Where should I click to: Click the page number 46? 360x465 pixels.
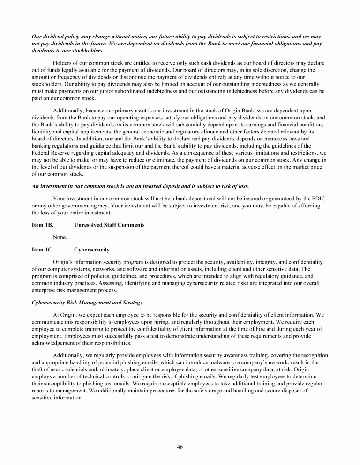point(180,447)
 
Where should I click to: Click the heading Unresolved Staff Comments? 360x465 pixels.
point(109,225)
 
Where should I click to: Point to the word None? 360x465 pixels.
point(60,237)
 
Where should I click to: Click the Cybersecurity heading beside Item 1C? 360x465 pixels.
point(92,250)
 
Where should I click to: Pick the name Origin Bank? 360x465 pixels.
point(226,111)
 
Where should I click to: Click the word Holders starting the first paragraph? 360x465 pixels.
point(63,63)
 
